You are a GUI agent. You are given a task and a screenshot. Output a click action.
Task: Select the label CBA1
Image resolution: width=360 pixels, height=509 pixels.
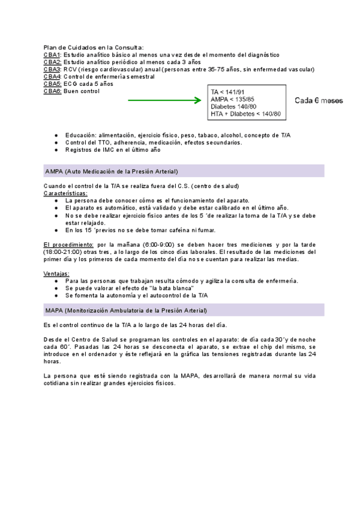52,54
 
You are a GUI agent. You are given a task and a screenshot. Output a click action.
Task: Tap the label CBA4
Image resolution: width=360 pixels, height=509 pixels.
52,76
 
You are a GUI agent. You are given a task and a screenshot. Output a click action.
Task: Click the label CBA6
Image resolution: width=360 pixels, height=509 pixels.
52,91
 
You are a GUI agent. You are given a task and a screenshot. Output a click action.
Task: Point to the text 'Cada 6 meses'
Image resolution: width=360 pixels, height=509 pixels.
319,100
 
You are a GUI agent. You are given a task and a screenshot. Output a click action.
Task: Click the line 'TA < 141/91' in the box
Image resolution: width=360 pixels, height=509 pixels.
227,91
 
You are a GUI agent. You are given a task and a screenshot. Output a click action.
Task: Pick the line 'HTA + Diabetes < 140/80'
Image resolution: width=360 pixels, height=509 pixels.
245,113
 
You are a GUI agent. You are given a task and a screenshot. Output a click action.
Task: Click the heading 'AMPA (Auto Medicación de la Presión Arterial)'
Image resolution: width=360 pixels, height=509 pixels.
112,171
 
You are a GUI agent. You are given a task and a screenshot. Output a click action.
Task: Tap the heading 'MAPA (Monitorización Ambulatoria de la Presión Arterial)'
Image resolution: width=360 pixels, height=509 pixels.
126,310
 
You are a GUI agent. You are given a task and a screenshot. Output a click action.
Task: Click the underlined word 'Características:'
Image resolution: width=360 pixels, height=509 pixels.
65,193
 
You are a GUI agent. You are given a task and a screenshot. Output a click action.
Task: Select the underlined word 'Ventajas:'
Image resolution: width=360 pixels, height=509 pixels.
56,274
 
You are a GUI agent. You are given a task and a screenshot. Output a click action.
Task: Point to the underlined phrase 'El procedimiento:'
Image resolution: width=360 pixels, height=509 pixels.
68,244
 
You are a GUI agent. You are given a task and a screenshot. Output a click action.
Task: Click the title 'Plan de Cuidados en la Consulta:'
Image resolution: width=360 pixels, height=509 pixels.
94,47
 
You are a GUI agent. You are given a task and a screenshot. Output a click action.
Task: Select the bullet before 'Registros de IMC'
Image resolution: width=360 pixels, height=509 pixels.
56,150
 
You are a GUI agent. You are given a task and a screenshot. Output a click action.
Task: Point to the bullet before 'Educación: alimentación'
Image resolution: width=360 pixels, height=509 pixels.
56,136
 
